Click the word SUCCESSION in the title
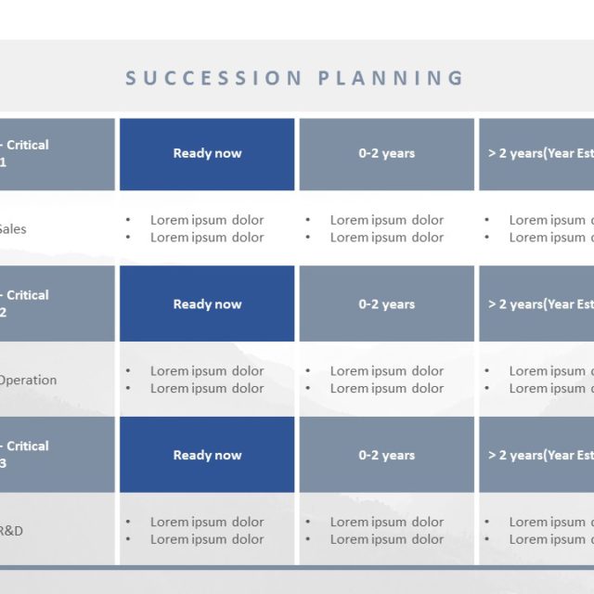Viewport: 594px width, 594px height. [214, 78]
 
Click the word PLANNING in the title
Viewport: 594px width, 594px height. [391, 78]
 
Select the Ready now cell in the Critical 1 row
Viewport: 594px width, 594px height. [207, 153]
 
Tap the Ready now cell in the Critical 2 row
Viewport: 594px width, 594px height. [207, 304]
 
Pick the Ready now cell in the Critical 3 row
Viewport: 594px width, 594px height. [207, 455]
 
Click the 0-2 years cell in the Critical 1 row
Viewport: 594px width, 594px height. [386, 153]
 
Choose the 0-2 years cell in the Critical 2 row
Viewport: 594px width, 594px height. [386, 304]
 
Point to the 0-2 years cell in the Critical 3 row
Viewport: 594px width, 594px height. [386, 455]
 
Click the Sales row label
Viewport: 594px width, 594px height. [12, 229]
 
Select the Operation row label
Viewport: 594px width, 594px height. [27, 380]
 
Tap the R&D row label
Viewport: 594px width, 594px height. [12, 531]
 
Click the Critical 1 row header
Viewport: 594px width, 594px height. [28, 153]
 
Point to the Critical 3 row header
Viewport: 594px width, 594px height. [28, 455]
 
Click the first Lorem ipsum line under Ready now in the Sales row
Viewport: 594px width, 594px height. [207, 220]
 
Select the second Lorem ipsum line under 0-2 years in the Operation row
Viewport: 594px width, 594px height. [386, 389]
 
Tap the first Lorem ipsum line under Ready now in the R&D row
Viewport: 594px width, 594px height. [207, 522]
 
